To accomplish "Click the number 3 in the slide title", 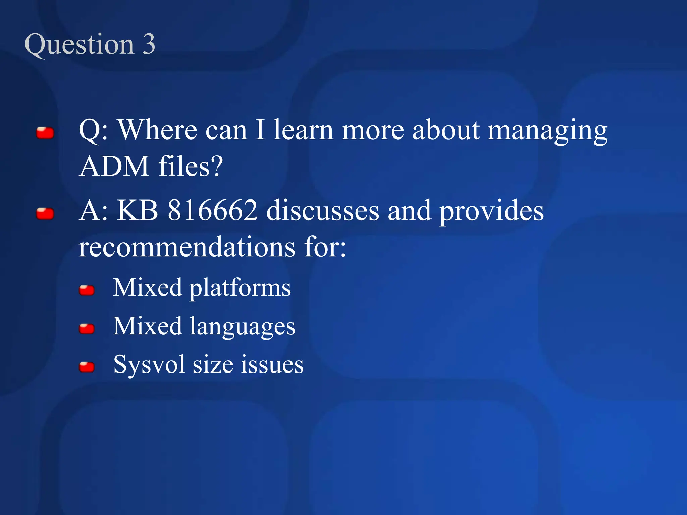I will [x=149, y=44].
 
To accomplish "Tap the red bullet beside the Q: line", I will [x=45, y=133].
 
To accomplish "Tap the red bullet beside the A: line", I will [x=45, y=214].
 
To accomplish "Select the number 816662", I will [x=213, y=211].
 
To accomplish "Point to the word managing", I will [x=547, y=131].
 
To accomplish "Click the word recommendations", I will [x=187, y=247].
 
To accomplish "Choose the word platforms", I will [x=240, y=288].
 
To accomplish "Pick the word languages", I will [x=243, y=327].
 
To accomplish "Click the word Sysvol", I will [x=149, y=364].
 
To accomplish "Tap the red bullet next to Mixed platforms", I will [x=87, y=290].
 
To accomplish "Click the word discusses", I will [x=323, y=211].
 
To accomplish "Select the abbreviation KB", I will [x=138, y=211].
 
